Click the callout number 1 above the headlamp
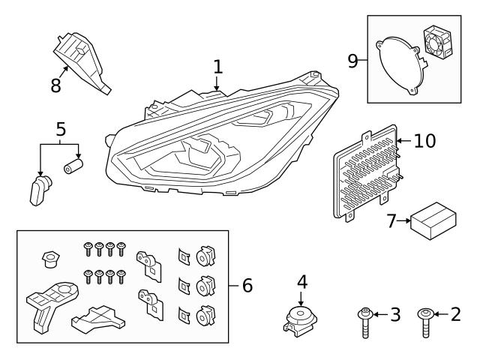click(217, 67)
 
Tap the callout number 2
click(454, 315)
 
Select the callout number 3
click(396, 315)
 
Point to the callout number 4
click(302, 282)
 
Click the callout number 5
click(60, 128)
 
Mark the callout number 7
click(391, 220)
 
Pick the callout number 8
click(55, 84)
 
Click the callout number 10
click(424, 140)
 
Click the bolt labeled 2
click(425, 323)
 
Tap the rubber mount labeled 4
click(301, 319)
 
